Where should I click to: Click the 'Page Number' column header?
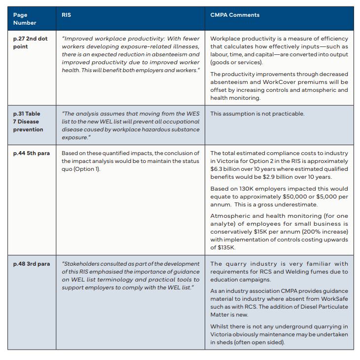(25, 19)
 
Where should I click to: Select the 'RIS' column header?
(66, 15)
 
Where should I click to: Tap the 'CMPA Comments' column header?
(235, 15)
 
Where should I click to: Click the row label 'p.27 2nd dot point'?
(30, 42)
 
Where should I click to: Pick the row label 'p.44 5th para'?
(32, 153)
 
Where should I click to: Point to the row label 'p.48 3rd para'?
(32, 264)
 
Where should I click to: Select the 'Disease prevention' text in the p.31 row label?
(28, 125)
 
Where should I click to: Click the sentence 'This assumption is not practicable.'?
(257, 114)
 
